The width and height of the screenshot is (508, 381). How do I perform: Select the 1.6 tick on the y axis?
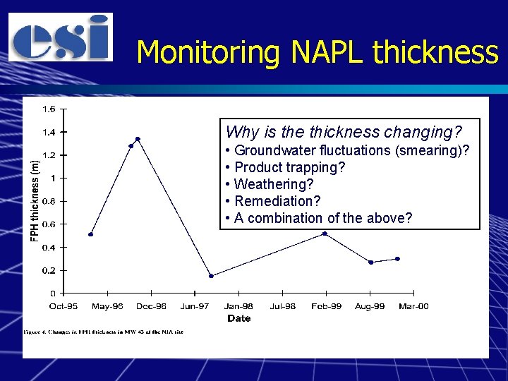[x=50, y=109]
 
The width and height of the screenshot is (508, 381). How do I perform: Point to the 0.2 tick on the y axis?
[x=50, y=270]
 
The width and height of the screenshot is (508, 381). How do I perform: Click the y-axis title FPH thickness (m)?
[x=36, y=199]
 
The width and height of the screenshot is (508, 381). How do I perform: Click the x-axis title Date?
[x=238, y=318]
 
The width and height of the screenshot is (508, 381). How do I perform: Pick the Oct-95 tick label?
[x=64, y=306]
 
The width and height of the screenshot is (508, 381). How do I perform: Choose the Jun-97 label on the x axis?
[x=195, y=306]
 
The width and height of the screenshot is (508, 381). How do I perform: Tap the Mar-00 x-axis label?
[x=413, y=306]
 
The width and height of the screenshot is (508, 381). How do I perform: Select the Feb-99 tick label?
[x=326, y=306]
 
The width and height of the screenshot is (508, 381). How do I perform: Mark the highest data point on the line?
[x=138, y=139]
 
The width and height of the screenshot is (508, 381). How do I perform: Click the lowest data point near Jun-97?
[x=211, y=276]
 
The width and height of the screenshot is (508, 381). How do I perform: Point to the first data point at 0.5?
[x=91, y=234]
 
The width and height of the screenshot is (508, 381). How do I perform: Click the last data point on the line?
[x=398, y=259]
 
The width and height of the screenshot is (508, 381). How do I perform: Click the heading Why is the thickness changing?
[x=344, y=132]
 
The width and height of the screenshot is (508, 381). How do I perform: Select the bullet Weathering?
[x=274, y=184]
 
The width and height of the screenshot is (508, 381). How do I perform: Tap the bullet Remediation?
[x=277, y=201]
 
